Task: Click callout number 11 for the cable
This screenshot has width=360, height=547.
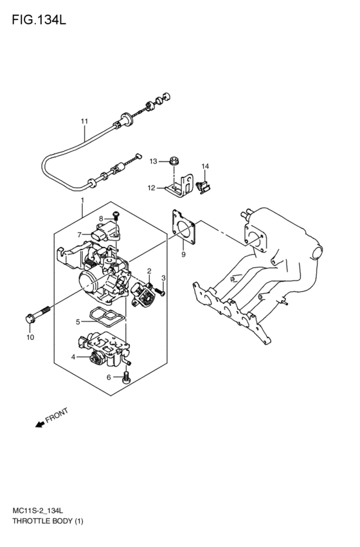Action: tap(84, 121)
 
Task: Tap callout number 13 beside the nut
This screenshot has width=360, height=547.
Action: tap(153, 161)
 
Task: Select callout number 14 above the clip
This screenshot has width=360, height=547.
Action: tap(205, 167)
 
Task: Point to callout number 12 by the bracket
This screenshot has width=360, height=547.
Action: tap(151, 188)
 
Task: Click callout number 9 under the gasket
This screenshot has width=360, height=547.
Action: tap(183, 255)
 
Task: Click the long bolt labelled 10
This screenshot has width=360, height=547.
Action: tap(39, 316)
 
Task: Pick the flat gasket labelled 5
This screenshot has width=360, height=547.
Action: tap(106, 316)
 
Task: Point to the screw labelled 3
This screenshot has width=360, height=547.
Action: tap(160, 293)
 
